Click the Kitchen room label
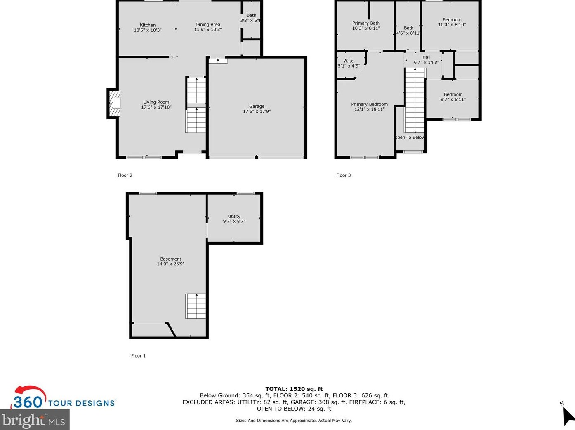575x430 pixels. click(148, 25)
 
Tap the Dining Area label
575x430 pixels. click(207, 25)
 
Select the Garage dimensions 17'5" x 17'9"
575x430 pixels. click(257, 112)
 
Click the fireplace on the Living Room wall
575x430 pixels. click(115, 103)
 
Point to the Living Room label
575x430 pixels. click(156, 102)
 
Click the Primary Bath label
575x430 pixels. click(366, 23)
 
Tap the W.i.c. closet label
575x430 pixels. click(349, 61)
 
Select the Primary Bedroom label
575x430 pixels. click(369, 104)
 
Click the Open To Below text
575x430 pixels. click(409, 138)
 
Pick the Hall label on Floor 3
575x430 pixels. click(427, 57)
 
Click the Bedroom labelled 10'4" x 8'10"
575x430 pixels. click(452, 22)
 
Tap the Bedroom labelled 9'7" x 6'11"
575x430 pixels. click(453, 97)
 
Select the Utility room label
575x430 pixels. click(234, 217)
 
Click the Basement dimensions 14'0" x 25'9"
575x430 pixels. click(170, 264)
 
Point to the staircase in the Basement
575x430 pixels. click(196, 306)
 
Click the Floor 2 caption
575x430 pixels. click(125, 175)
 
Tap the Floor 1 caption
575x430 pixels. click(138, 356)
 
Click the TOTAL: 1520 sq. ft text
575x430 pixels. click(294, 389)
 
